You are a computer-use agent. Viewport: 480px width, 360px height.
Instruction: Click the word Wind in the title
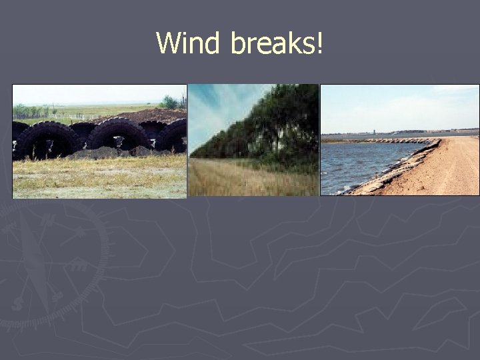pos(190,43)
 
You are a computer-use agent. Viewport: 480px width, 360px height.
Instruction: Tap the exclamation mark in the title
pos(321,43)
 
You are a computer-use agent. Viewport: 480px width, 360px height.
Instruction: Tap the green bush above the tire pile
pos(170,103)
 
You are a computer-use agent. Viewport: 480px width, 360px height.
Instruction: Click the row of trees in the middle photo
pos(267,127)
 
